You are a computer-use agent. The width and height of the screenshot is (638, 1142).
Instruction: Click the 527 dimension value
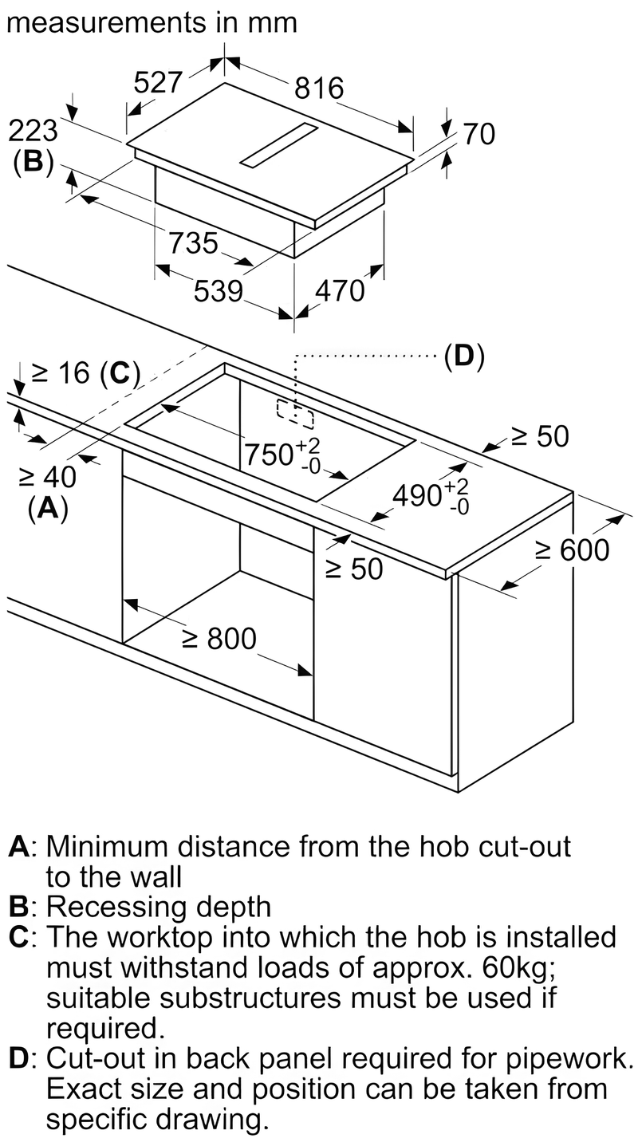point(158,83)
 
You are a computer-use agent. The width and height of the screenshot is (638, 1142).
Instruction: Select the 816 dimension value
point(318,87)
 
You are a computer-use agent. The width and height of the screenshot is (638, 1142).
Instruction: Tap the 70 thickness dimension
point(478,133)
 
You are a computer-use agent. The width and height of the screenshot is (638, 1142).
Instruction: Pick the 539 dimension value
point(218,291)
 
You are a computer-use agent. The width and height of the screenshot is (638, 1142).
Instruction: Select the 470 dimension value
point(339,291)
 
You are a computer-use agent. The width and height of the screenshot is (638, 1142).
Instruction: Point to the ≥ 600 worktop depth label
point(572,549)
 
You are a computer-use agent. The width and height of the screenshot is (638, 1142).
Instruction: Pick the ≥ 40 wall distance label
point(47,478)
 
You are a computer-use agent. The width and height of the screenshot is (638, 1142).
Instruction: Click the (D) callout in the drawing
point(464,356)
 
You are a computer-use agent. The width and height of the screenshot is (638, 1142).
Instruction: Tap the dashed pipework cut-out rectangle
point(295,413)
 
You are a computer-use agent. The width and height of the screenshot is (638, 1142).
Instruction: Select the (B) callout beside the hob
point(33,161)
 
